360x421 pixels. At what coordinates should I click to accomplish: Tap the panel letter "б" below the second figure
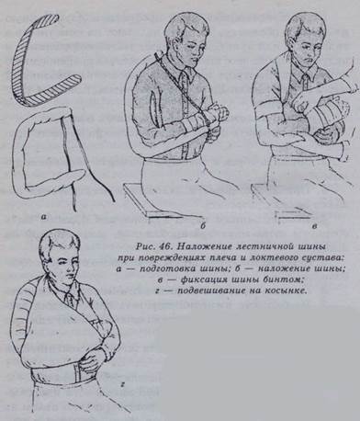coord(203,226)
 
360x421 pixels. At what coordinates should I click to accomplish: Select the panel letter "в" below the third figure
coord(315,227)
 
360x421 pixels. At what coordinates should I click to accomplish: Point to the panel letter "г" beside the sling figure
coord(122,381)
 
